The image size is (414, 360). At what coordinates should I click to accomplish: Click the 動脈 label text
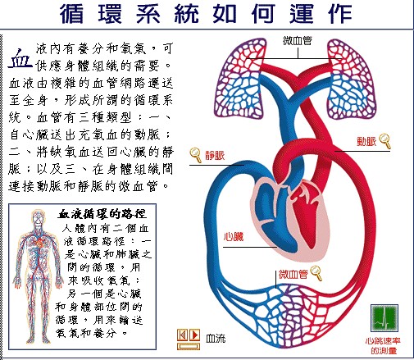366,141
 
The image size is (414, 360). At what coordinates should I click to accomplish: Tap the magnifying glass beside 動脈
385,141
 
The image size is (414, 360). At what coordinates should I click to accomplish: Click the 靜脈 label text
215,155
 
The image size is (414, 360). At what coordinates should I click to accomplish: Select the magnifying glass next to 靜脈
196,155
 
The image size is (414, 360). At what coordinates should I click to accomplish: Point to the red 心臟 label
234,236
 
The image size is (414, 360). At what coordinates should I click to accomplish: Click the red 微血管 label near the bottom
293,274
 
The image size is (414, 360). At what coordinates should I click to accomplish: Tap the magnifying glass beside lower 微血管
316,273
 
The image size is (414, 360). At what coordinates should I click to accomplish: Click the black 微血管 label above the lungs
298,41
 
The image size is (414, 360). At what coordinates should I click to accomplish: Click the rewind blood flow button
182,335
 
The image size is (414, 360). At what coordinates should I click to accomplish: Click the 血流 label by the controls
216,339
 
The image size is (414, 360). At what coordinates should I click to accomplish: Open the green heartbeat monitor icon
384,317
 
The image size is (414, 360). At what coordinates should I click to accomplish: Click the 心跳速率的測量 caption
383,346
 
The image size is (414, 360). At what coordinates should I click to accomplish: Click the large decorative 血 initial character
20,58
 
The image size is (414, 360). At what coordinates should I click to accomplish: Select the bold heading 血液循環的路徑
102,214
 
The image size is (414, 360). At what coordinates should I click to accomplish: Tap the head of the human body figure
38,216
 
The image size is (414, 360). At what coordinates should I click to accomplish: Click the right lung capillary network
352,80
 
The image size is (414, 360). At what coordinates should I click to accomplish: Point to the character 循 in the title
71,14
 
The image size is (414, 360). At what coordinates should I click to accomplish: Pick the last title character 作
340,14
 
